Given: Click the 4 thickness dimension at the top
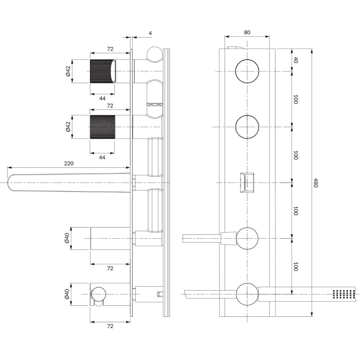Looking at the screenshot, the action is point(150,33).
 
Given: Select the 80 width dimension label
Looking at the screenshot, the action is point(247,32).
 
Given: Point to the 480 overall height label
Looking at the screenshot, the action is point(315,183).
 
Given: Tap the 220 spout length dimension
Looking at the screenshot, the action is point(69,163).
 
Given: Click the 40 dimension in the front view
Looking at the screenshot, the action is point(296,60).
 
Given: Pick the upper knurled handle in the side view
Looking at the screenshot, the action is point(103,71).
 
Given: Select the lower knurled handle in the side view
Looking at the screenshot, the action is point(102,127).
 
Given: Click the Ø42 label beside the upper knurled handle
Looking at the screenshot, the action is point(68,71).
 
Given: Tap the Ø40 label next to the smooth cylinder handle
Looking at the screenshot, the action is point(67,238).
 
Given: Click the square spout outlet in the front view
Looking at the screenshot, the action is point(247,183).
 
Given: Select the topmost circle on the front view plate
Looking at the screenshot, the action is point(247,71).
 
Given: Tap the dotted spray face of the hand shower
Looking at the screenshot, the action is point(344,294).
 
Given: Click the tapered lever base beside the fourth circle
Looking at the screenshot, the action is point(229,238).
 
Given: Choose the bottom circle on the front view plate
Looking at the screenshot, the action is point(248,294).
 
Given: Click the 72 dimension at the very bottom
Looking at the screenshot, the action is point(110,326).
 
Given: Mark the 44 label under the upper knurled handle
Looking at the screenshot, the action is point(102,98).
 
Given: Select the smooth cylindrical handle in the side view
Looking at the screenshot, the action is point(110,238).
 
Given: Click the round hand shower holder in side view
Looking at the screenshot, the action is point(99,294).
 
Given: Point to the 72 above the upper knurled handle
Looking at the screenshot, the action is point(110,49).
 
